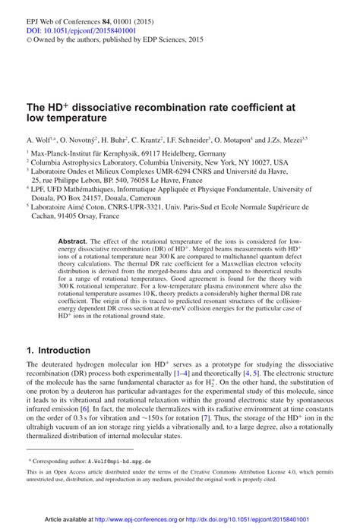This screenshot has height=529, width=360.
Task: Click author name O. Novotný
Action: pyautogui.click(x=81, y=140)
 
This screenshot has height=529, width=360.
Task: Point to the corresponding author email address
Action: pyautogui.click(x=119, y=461)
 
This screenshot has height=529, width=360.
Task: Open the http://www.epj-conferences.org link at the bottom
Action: pyautogui.click(x=152, y=520)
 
